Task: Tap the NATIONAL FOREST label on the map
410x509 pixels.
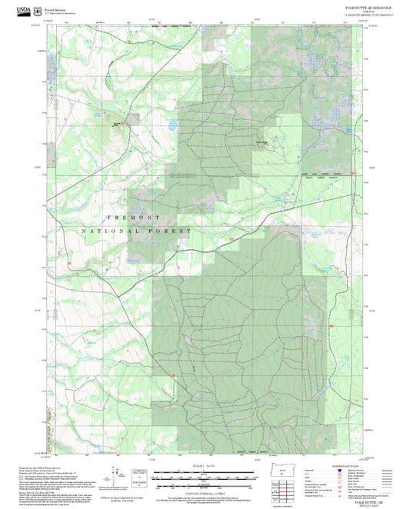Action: pos(135,231)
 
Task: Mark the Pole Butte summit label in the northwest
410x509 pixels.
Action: pos(117,124)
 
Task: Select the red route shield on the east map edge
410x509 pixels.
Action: pos(353,174)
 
